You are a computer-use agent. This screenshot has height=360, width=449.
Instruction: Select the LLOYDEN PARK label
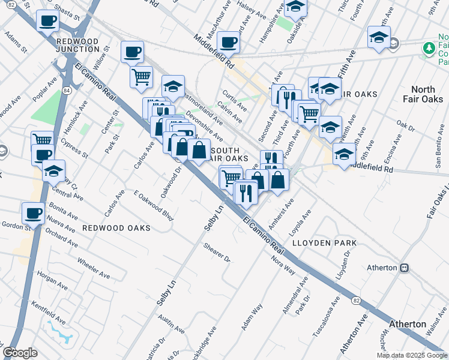[324, 243]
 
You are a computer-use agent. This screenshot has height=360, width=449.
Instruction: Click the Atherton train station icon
[405, 267]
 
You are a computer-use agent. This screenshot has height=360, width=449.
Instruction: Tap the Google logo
[20, 353]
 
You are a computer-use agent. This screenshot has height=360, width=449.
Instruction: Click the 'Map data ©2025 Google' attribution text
[411, 355]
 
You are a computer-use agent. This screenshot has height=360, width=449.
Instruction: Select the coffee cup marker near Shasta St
[47, 21]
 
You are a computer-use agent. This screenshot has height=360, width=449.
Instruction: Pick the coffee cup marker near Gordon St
[34, 213]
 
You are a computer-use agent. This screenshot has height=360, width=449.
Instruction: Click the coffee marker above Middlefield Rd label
[228, 42]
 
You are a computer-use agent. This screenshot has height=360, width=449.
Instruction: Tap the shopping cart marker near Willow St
[141, 76]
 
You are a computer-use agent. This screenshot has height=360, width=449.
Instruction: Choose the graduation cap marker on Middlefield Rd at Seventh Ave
[344, 154]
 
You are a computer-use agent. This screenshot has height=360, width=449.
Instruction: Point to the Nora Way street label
[283, 266]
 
